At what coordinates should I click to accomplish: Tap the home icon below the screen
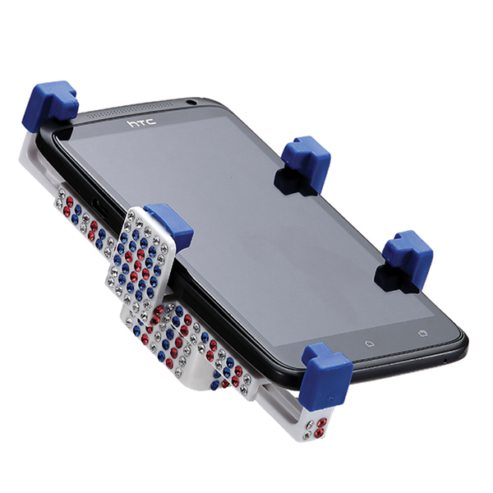pos(367,339)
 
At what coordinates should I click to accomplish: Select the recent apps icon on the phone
pos(422,333)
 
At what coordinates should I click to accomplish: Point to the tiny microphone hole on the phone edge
pos(445,361)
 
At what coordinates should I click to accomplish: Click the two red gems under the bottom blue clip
pos(321,422)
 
